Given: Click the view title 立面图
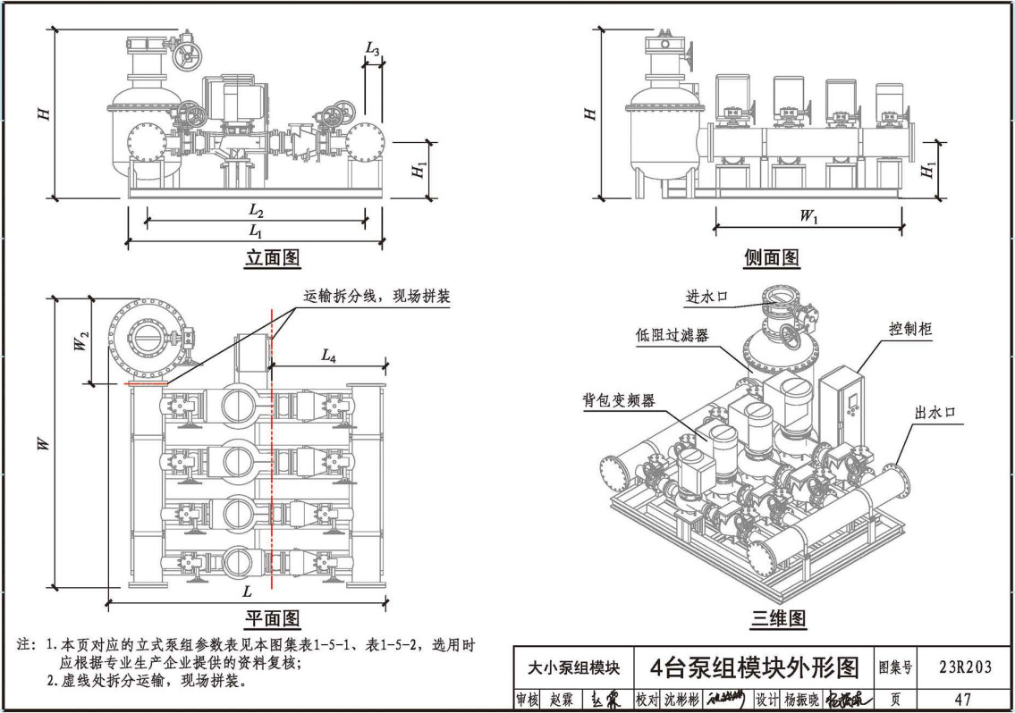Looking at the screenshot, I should tap(273, 258).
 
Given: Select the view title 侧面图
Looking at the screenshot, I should tap(771, 258).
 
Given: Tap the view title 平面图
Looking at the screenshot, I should tap(273, 618).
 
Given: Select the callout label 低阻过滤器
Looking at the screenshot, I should tap(672, 335).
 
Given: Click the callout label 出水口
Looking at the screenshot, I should tap(935, 413).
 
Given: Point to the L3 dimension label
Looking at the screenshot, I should tap(373, 49).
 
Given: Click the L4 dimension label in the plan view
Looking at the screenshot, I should tap(328, 355).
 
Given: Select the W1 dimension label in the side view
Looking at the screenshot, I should tap(808, 216).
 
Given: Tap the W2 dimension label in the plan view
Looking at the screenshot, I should tap(80, 340).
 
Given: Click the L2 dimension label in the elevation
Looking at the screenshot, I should tap(256, 211).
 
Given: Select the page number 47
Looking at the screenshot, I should tap(962, 700).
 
